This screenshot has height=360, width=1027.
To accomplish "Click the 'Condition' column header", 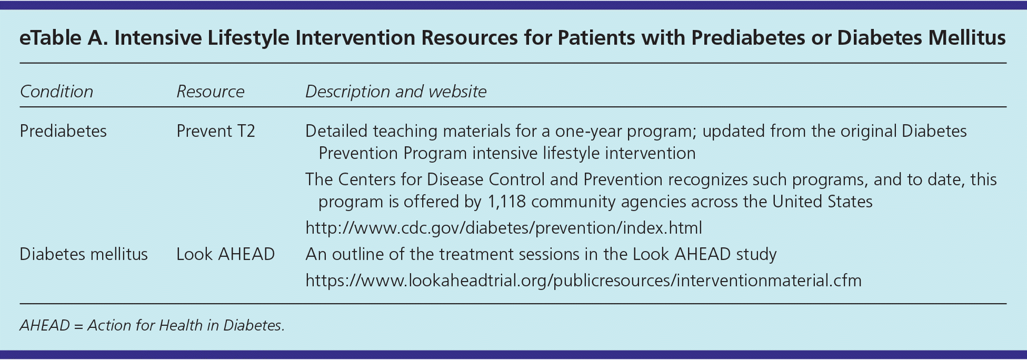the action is tap(56, 92).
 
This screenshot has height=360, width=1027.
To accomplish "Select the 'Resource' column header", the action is tap(211, 92).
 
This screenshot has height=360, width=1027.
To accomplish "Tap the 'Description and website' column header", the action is tap(396, 92).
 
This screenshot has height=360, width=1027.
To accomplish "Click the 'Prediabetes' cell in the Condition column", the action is tap(63, 131).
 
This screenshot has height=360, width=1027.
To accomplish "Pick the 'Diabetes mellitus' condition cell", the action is tap(84, 254).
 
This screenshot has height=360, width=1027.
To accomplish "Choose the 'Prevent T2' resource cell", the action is tap(216, 131).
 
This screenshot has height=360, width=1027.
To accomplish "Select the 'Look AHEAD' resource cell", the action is tap(225, 254).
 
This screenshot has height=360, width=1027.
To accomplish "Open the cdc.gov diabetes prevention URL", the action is tap(504, 228).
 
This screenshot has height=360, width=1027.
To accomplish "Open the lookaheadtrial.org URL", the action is tap(583, 281).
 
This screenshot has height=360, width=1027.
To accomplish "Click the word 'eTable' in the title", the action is tap(50, 38).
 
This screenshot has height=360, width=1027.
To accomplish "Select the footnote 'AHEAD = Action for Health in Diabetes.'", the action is tap(152, 325).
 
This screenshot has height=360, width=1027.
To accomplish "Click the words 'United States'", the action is tap(822, 202).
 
